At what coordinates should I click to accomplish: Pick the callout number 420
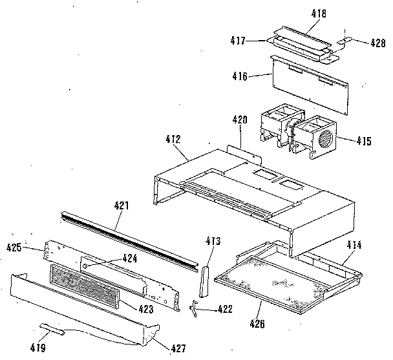[240, 120]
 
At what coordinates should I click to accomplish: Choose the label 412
[173, 138]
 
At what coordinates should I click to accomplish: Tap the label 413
[213, 241]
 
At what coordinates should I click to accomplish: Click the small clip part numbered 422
[194, 310]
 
